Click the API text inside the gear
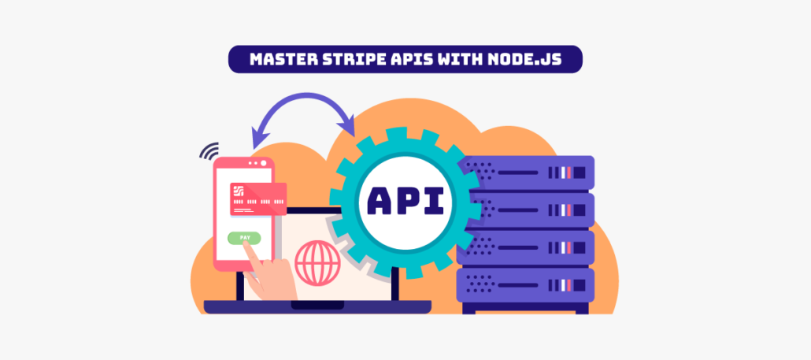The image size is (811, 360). (405, 201)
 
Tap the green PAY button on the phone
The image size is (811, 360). (244, 238)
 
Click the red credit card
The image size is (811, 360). (258, 199)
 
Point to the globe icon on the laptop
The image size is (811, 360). (317, 263)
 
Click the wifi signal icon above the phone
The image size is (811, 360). (210, 150)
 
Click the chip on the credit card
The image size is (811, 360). (239, 191)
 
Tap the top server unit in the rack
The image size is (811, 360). (525, 173)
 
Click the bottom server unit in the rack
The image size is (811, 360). (525, 285)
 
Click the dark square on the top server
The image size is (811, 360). (580, 173)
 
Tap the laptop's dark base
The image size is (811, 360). (317, 306)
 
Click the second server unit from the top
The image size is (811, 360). (525, 210)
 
